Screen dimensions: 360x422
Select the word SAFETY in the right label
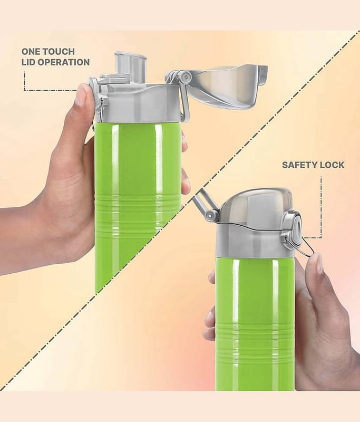(x=299, y=165)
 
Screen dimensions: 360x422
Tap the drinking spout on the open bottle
(x=130, y=66)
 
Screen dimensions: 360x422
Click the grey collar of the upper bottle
(x=137, y=103)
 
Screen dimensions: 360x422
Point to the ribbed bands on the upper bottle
(x=138, y=214)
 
